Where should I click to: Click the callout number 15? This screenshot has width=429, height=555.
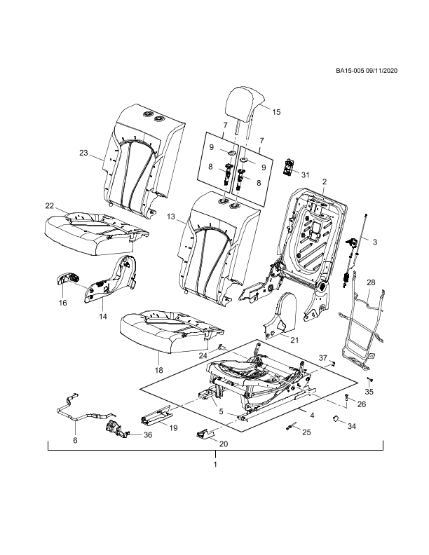click(276, 112)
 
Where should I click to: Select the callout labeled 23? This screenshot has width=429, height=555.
click(83, 153)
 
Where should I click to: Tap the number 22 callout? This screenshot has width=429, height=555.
click(50, 206)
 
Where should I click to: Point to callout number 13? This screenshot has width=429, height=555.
click(171, 217)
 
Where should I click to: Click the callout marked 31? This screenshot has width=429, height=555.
click(306, 175)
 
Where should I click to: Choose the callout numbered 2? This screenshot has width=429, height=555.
click(324, 182)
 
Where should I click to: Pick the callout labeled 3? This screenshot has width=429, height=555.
click(375, 242)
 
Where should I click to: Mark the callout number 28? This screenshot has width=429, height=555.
click(371, 282)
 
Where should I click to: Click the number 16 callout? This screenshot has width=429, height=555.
click(62, 303)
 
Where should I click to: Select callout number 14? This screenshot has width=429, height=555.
click(103, 317)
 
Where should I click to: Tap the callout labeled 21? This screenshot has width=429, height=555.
click(295, 341)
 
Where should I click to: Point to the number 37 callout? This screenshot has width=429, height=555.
click(322, 358)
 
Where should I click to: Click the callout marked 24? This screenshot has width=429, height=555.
click(203, 356)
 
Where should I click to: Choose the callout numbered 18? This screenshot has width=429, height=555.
click(159, 370)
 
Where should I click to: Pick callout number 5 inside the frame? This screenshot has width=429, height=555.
click(222, 411)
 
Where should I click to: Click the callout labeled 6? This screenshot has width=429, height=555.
click(75, 441)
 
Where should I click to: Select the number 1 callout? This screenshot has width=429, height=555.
click(215, 464)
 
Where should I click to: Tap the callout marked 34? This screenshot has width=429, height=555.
click(352, 426)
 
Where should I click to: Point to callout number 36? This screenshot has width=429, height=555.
click(148, 435)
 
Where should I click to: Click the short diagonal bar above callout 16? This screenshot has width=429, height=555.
click(77, 284)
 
